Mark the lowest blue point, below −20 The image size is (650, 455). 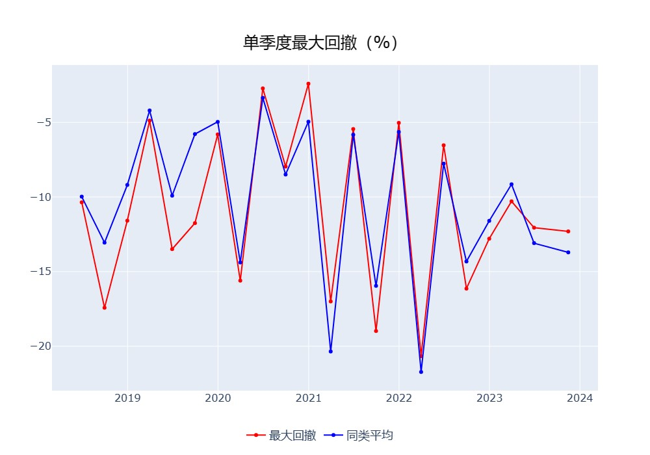(421, 372)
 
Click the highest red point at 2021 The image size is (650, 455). (308, 84)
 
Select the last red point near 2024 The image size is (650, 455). (568, 231)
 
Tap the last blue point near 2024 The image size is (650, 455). (568, 252)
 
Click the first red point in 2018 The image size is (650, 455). (82, 202)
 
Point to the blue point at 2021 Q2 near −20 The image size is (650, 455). (331, 352)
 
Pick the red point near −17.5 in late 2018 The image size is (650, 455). (105, 307)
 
